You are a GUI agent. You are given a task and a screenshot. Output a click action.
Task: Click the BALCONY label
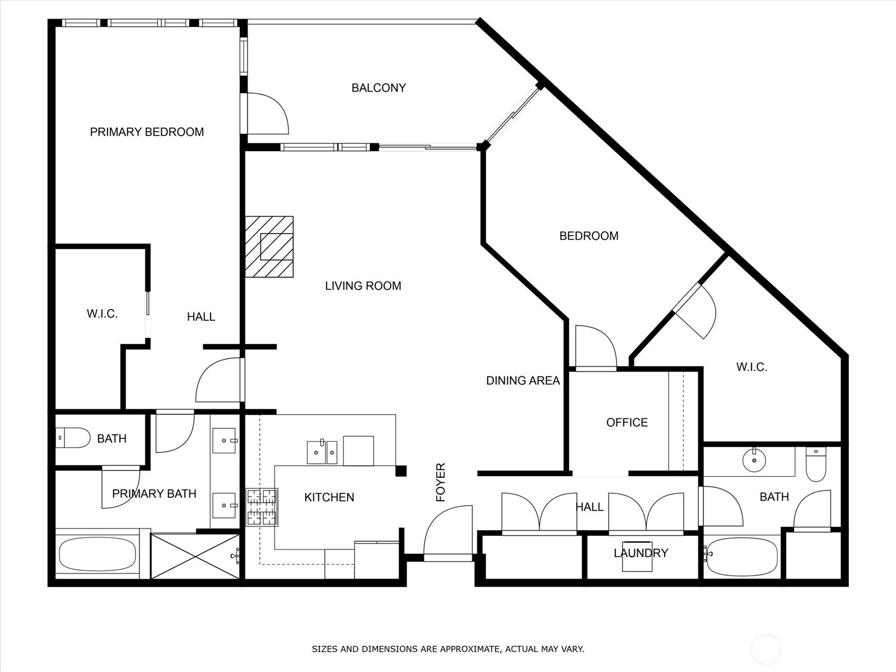point(379,88)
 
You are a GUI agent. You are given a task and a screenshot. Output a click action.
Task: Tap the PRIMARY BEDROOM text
point(147,132)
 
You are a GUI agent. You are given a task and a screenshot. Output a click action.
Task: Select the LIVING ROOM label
point(363,286)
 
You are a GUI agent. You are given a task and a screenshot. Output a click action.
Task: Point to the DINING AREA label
point(523,380)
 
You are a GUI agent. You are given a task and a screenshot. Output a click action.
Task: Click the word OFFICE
point(627,422)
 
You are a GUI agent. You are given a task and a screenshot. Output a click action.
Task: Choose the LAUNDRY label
point(641,553)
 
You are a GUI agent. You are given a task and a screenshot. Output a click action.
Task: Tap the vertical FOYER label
point(441,482)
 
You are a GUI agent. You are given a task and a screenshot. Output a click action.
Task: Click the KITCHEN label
point(329,497)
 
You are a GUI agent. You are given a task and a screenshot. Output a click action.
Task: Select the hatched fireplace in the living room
point(269,247)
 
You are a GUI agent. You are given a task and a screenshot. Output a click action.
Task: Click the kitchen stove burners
point(262,507)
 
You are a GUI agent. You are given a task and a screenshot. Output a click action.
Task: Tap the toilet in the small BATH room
point(73,438)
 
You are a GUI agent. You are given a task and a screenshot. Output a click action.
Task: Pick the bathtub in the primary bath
point(97,554)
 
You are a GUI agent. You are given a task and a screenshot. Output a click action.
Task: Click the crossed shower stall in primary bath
point(195,556)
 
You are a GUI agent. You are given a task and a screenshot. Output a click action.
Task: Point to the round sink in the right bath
point(754,460)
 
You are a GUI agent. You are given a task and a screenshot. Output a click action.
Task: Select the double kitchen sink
point(322,452)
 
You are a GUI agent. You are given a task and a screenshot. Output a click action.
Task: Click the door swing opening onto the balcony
point(268,114)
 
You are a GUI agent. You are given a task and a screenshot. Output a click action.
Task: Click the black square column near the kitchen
point(401,471)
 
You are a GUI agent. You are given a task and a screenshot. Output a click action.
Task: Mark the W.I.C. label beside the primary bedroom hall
point(102,314)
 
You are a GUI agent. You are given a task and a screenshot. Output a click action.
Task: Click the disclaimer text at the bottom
point(448,648)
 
